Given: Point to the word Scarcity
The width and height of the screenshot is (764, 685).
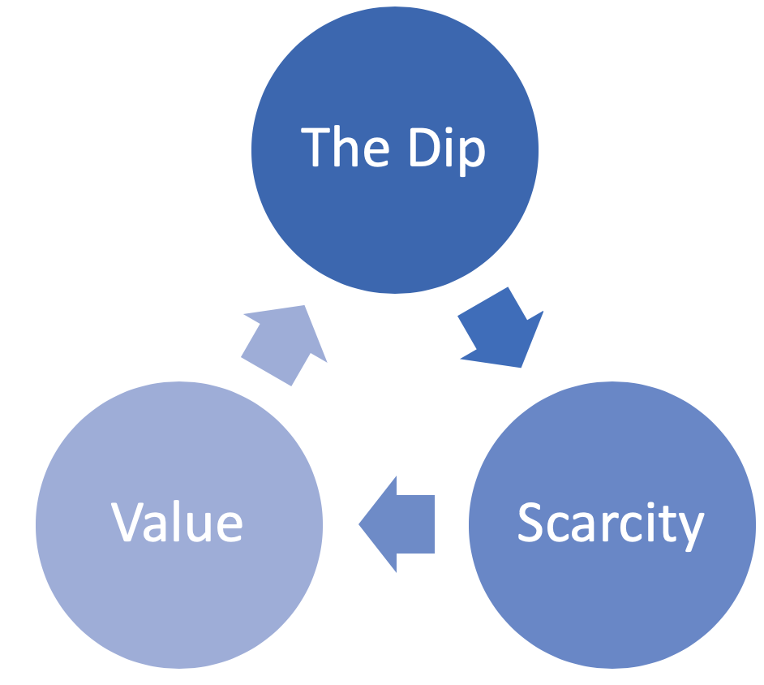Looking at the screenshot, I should click(x=610, y=523).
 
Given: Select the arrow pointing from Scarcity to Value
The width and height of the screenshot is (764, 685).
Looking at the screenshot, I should click(x=397, y=523).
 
